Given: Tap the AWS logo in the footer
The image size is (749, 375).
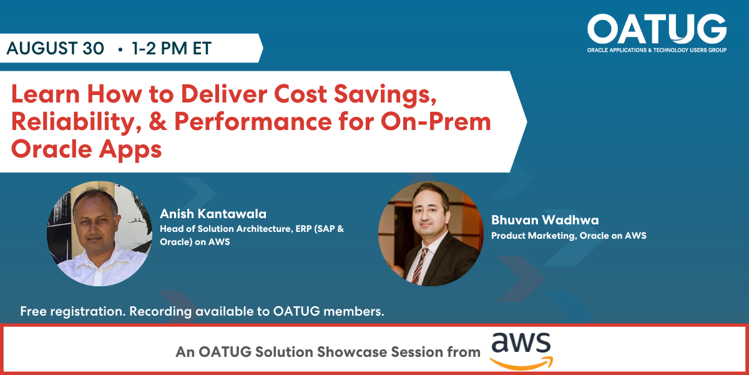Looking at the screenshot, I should [x=521, y=351].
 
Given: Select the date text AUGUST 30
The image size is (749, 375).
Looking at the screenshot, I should [x=56, y=49].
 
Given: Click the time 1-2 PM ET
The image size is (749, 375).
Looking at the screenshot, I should [x=172, y=49].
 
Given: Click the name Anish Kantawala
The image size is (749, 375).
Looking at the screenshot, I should [x=213, y=214].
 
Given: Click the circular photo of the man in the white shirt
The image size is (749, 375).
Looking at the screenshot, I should [x=99, y=234].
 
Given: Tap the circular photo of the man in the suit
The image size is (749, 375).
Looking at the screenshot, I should [x=431, y=234].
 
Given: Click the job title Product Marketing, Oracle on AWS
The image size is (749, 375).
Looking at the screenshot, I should [x=568, y=236].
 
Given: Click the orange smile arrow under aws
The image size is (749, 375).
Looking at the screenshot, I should [x=521, y=362].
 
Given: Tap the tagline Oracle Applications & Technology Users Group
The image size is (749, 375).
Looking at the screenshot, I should [x=657, y=50].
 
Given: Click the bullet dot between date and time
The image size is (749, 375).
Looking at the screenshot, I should [x=119, y=49].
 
